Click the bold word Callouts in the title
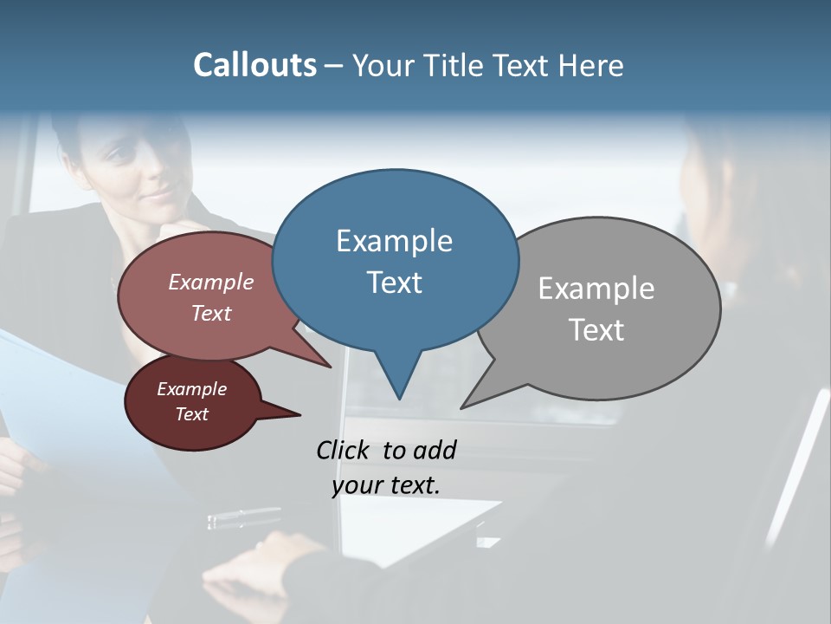pos(254,65)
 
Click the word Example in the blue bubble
pos(394,241)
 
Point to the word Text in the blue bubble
pos(394,283)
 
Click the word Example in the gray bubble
pos(596,289)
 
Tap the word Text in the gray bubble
pos(597,330)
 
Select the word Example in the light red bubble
pos(210,282)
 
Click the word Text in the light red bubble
pos(211,313)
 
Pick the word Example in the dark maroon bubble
pos(191,389)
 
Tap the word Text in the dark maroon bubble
pos(192,414)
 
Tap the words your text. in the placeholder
pos(385,485)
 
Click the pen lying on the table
pos(243,518)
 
